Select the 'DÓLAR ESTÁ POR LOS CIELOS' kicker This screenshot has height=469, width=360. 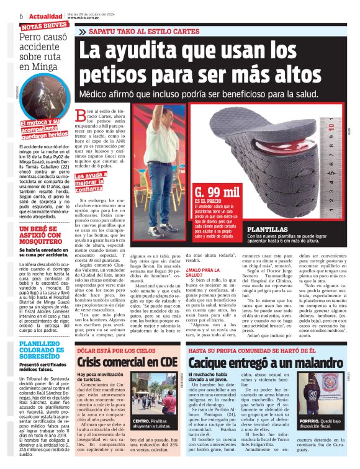click(x=115, y=351)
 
